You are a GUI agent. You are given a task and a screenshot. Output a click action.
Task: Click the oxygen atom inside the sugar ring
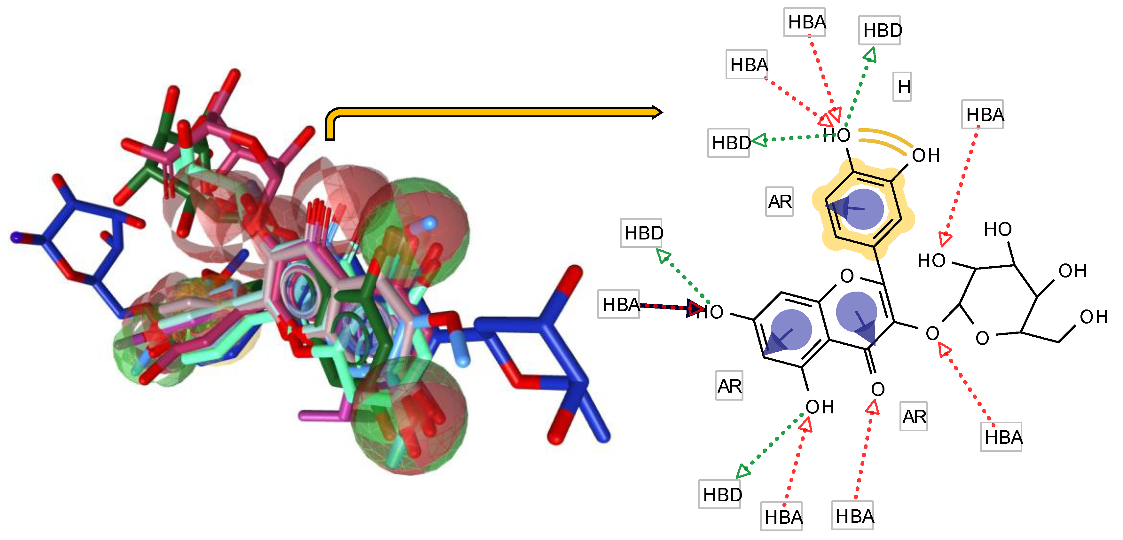(x=982, y=338)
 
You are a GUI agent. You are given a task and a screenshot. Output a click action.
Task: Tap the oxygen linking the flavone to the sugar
(x=932, y=333)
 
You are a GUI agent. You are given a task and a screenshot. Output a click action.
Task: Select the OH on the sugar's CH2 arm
(x=1093, y=317)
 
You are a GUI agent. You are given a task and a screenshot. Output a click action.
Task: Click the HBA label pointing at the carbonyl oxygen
(x=854, y=516)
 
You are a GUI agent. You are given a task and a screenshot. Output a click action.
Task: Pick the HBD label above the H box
(x=882, y=30)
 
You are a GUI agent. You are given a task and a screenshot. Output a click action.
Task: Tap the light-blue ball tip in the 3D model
(x=429, y=223)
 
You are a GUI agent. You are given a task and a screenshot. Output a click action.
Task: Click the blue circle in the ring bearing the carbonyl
(x=856, y=312)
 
